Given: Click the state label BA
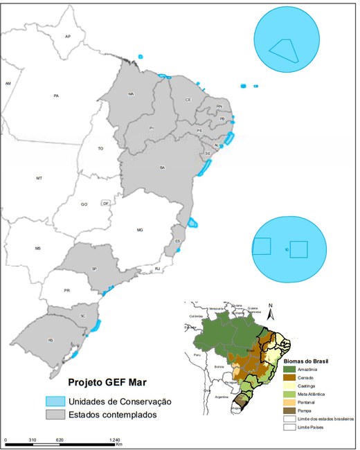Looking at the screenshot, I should click(x=163, y=168).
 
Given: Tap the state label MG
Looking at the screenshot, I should click(x=139, y=229).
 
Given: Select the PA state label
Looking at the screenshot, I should click(x=56, y=96).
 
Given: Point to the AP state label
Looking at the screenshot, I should click(x=68, y=36).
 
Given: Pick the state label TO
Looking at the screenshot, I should click(x=100, y=149).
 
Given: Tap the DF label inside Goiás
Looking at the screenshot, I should click(x=105, y=204).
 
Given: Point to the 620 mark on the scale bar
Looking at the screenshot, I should click(x=60, y=440).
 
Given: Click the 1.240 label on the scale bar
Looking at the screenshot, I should click(x=114, y=440).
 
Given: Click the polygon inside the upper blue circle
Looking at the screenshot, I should click(x=283, y=50).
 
